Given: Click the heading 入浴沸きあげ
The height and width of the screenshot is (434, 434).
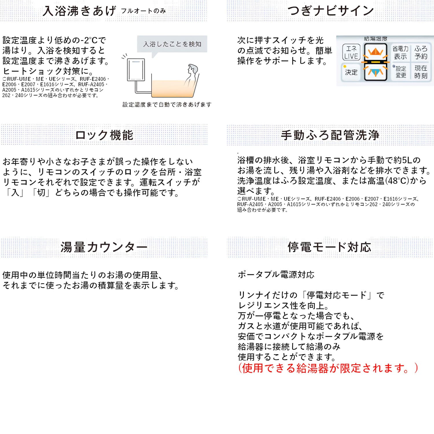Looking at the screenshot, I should pos(79,11).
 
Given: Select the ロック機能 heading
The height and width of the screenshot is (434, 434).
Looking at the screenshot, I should pos(104,135).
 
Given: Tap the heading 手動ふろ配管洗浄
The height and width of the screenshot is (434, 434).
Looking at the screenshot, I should pos(330,135).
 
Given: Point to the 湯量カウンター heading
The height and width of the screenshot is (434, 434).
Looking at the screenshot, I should pos(104,248).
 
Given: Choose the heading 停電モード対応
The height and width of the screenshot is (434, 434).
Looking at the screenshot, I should pos(329,248).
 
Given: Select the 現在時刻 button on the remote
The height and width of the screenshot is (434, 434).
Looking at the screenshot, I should pos(421,72).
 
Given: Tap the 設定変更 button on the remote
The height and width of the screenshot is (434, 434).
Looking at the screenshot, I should pos(401,72).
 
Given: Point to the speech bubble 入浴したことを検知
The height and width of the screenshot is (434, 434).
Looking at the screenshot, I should pos(172,44).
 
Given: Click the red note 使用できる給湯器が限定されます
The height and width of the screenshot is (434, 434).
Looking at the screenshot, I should pos(328,368).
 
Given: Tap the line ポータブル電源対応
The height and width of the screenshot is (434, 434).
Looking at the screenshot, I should pos(276,275).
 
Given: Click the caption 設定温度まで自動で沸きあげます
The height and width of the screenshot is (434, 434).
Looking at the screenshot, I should pos(167,105).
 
